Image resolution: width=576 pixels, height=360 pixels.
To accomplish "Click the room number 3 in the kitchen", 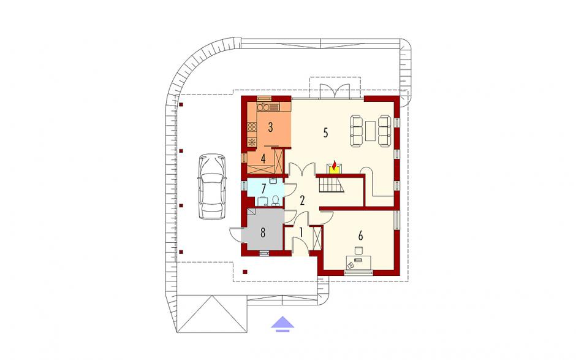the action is pos(270,127).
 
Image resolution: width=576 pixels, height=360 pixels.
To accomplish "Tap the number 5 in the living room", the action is pos(325,132).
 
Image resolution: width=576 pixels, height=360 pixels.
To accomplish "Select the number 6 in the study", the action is pos(360,235).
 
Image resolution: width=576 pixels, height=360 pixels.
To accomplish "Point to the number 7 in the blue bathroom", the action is pos(263,189).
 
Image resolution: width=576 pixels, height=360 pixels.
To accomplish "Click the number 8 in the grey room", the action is pos(263,233).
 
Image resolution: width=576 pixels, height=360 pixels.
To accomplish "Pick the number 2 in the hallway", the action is pos(302,201).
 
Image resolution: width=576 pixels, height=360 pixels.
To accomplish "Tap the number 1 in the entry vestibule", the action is pos(301,232).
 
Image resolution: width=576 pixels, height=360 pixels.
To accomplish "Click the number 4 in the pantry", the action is pos(263,159).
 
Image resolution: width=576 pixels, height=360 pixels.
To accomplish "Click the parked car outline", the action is pos(211,186).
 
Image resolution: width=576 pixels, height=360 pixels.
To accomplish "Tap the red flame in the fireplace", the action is pos(334,164).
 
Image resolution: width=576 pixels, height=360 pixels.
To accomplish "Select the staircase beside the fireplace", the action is pos(332,184).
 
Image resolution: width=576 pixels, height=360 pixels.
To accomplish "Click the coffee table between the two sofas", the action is pos(370,131).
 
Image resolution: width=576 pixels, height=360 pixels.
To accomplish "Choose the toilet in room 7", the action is pos(276,201).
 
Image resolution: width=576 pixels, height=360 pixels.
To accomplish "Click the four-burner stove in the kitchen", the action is pos(252,128).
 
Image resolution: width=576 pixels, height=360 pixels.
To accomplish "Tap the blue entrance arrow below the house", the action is pos(282,324).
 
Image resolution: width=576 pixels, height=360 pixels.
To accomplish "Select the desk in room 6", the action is pos(358,262).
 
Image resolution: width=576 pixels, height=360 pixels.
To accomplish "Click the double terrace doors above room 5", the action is pos(334,91).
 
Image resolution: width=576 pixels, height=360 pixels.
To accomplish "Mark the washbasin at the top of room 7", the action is pos(273,180).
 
